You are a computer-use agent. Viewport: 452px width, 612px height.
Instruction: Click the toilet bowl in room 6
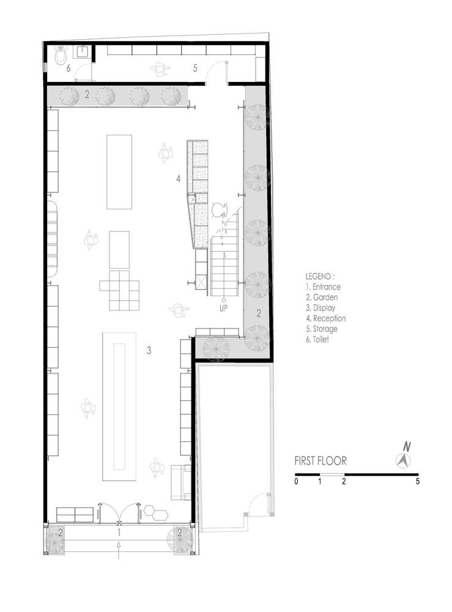(61, 56)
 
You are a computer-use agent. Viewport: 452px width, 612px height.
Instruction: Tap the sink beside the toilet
(83, 51)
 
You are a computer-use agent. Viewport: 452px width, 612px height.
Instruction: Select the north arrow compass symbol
(403, 461)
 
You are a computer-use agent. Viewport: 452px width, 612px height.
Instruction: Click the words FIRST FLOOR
(320, 461)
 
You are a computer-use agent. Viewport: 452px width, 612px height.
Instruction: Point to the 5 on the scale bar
(417, 481)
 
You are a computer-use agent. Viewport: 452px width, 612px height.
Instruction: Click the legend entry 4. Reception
(325, 318)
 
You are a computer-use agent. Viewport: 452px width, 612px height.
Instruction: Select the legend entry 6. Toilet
(317, 339)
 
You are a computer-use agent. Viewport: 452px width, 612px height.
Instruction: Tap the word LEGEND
(319, 277)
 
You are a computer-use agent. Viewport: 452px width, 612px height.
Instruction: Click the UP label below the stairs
(224, 308)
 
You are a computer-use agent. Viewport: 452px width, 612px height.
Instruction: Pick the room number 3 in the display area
(149, 351)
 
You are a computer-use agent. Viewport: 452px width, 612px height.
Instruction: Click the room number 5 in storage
(195, 68)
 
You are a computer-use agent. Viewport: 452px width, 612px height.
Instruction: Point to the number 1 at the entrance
(119, 532)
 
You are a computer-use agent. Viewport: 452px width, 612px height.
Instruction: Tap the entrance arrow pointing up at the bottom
(119, 550)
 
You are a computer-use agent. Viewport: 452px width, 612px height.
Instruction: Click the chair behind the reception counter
(219, 209)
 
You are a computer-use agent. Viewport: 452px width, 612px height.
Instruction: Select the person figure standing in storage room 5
(160, 69)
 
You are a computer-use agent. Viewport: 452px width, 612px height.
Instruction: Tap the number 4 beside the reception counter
(179, 179)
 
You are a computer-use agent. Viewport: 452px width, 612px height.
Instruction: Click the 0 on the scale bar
(296, 481)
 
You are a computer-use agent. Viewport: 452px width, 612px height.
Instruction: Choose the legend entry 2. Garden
(322, 297)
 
